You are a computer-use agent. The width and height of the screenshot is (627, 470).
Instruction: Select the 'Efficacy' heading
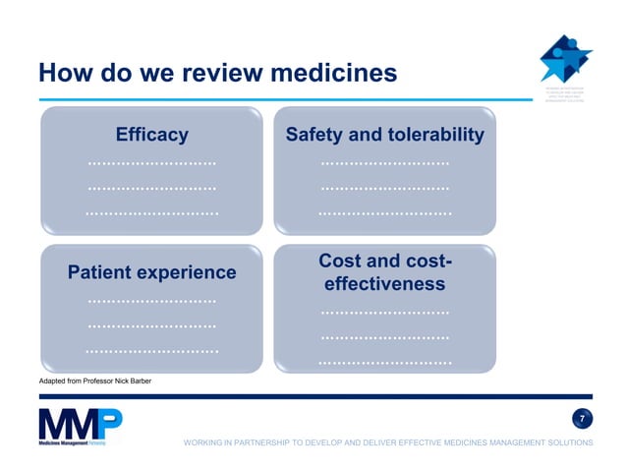[151, 135]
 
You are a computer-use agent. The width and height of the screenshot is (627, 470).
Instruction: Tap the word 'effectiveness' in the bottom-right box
[384, 284]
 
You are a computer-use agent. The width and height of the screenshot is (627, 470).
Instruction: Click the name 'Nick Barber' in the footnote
[132, 382]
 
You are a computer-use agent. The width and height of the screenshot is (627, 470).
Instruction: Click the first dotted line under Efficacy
[151, 162]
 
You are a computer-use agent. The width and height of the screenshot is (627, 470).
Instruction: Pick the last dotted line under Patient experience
[151, 350]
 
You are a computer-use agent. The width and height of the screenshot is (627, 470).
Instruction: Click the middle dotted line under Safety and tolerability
[384, 187]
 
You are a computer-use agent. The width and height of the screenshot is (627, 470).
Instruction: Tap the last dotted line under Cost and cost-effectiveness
[384, 363]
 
